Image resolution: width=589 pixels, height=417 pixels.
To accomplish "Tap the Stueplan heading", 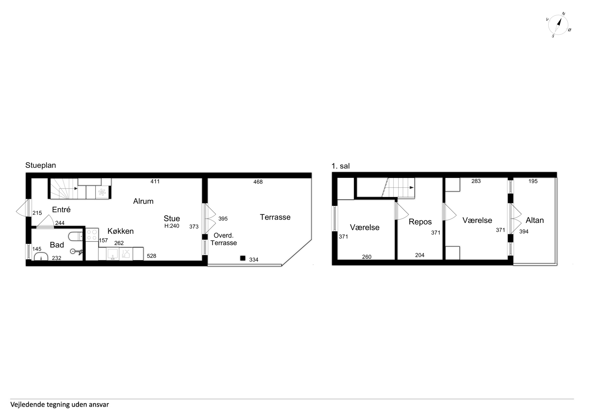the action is (41, 165).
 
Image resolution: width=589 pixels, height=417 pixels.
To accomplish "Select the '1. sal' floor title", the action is (341, 166).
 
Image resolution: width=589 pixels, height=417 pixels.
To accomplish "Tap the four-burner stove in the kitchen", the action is (92, 234).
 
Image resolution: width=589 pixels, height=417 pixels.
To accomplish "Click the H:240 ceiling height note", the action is (172, 226).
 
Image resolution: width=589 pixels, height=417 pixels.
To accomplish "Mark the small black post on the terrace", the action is (243, 258).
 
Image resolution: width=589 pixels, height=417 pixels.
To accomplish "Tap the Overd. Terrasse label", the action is (224, 239).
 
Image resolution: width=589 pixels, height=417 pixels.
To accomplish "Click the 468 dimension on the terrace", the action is (258, 182).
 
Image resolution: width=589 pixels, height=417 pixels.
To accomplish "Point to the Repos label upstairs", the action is (420, 222).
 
